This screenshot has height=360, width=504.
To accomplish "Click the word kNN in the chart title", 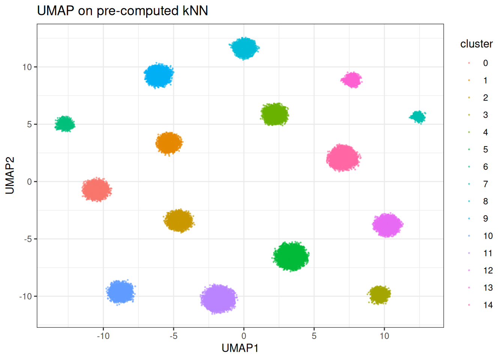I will point(195,10).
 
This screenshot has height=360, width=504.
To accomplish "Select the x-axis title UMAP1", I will point(240,348).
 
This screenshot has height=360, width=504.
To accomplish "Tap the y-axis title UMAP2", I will point(10,175).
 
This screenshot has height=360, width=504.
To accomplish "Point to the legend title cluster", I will point(476,44).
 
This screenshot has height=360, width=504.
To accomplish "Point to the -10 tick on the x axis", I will point(103,336).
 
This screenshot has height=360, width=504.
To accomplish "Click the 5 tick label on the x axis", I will point(314,336).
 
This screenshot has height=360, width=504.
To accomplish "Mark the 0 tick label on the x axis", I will point(244,336).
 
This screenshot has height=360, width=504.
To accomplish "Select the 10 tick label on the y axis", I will point(27,67).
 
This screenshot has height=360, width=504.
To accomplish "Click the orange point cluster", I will point(169,143).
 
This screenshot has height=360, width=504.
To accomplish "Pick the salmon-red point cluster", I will point(97,190).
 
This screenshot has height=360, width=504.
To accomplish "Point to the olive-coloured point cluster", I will point(379,295).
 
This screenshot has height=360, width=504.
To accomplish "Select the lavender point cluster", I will point(218,299).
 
